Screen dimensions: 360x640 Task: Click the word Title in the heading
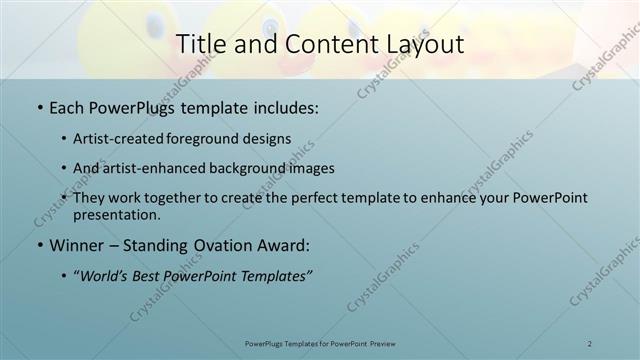[201, 44]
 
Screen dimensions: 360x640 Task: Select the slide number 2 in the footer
[590, 343]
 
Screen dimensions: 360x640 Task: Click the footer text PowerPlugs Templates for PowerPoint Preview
[320, 343]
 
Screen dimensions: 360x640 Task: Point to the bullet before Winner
[39, 245]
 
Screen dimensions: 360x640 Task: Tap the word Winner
[79, 245]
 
